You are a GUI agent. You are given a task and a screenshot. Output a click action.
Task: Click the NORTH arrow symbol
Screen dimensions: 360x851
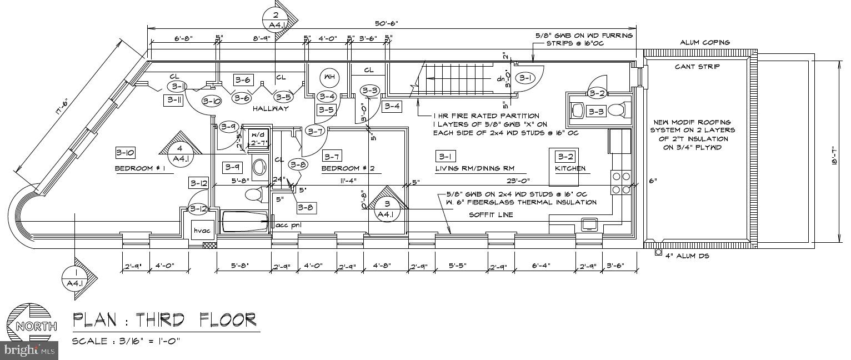[32, 326]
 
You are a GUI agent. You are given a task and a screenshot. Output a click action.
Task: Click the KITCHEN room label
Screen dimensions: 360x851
[570, 168]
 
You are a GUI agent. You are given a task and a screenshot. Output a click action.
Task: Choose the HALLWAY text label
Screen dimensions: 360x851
[271, 109]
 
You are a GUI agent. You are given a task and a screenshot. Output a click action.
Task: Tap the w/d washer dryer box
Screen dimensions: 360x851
[259, 135]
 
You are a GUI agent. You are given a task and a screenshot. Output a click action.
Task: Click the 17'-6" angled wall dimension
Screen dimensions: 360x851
[62, 109]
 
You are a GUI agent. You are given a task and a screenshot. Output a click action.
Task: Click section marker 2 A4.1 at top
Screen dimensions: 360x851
[276, 19]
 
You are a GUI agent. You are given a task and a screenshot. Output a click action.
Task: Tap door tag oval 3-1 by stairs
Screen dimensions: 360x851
[525, 78]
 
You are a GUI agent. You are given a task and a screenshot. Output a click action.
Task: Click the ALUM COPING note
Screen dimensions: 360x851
[705, 43]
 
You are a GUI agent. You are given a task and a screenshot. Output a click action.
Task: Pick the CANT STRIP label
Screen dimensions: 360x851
[697, 67]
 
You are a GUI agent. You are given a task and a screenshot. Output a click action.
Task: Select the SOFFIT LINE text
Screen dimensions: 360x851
[491, 214]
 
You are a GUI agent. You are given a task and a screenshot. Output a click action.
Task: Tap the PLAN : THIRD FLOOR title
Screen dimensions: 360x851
[165, 320]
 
